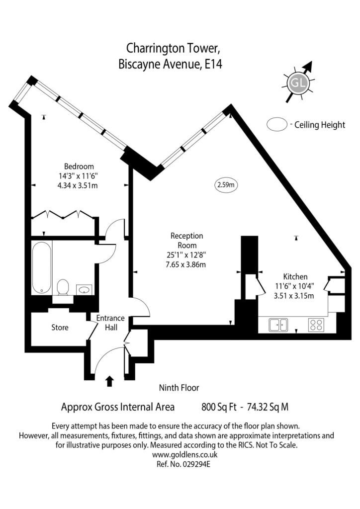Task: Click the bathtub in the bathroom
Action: [x=42, y=267]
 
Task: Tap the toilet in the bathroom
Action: [x=63, y=287]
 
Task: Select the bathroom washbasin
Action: [x=84, y=289]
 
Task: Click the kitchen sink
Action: [x=278, y=325]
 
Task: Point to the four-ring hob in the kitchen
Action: [x=316, y=325]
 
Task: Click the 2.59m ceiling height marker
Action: [x=226, y=185]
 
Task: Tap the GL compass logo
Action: [x=298, y=83]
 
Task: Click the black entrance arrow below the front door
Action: [x=109, y=381]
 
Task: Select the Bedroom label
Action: [x=79, y=167]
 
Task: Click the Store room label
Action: [x=60, y=327]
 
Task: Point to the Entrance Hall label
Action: [x=110, y=323]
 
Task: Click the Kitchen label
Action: [x=295, y=276]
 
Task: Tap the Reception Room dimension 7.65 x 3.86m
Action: [x=185, y=264]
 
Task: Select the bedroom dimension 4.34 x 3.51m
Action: [x=77, y=186]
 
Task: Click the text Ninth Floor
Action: [x=179, y=388]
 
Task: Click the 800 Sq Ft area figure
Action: [x=219, y=407]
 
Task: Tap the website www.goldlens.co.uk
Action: [x=184, y=454]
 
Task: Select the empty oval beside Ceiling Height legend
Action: [x=277, y=125]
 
